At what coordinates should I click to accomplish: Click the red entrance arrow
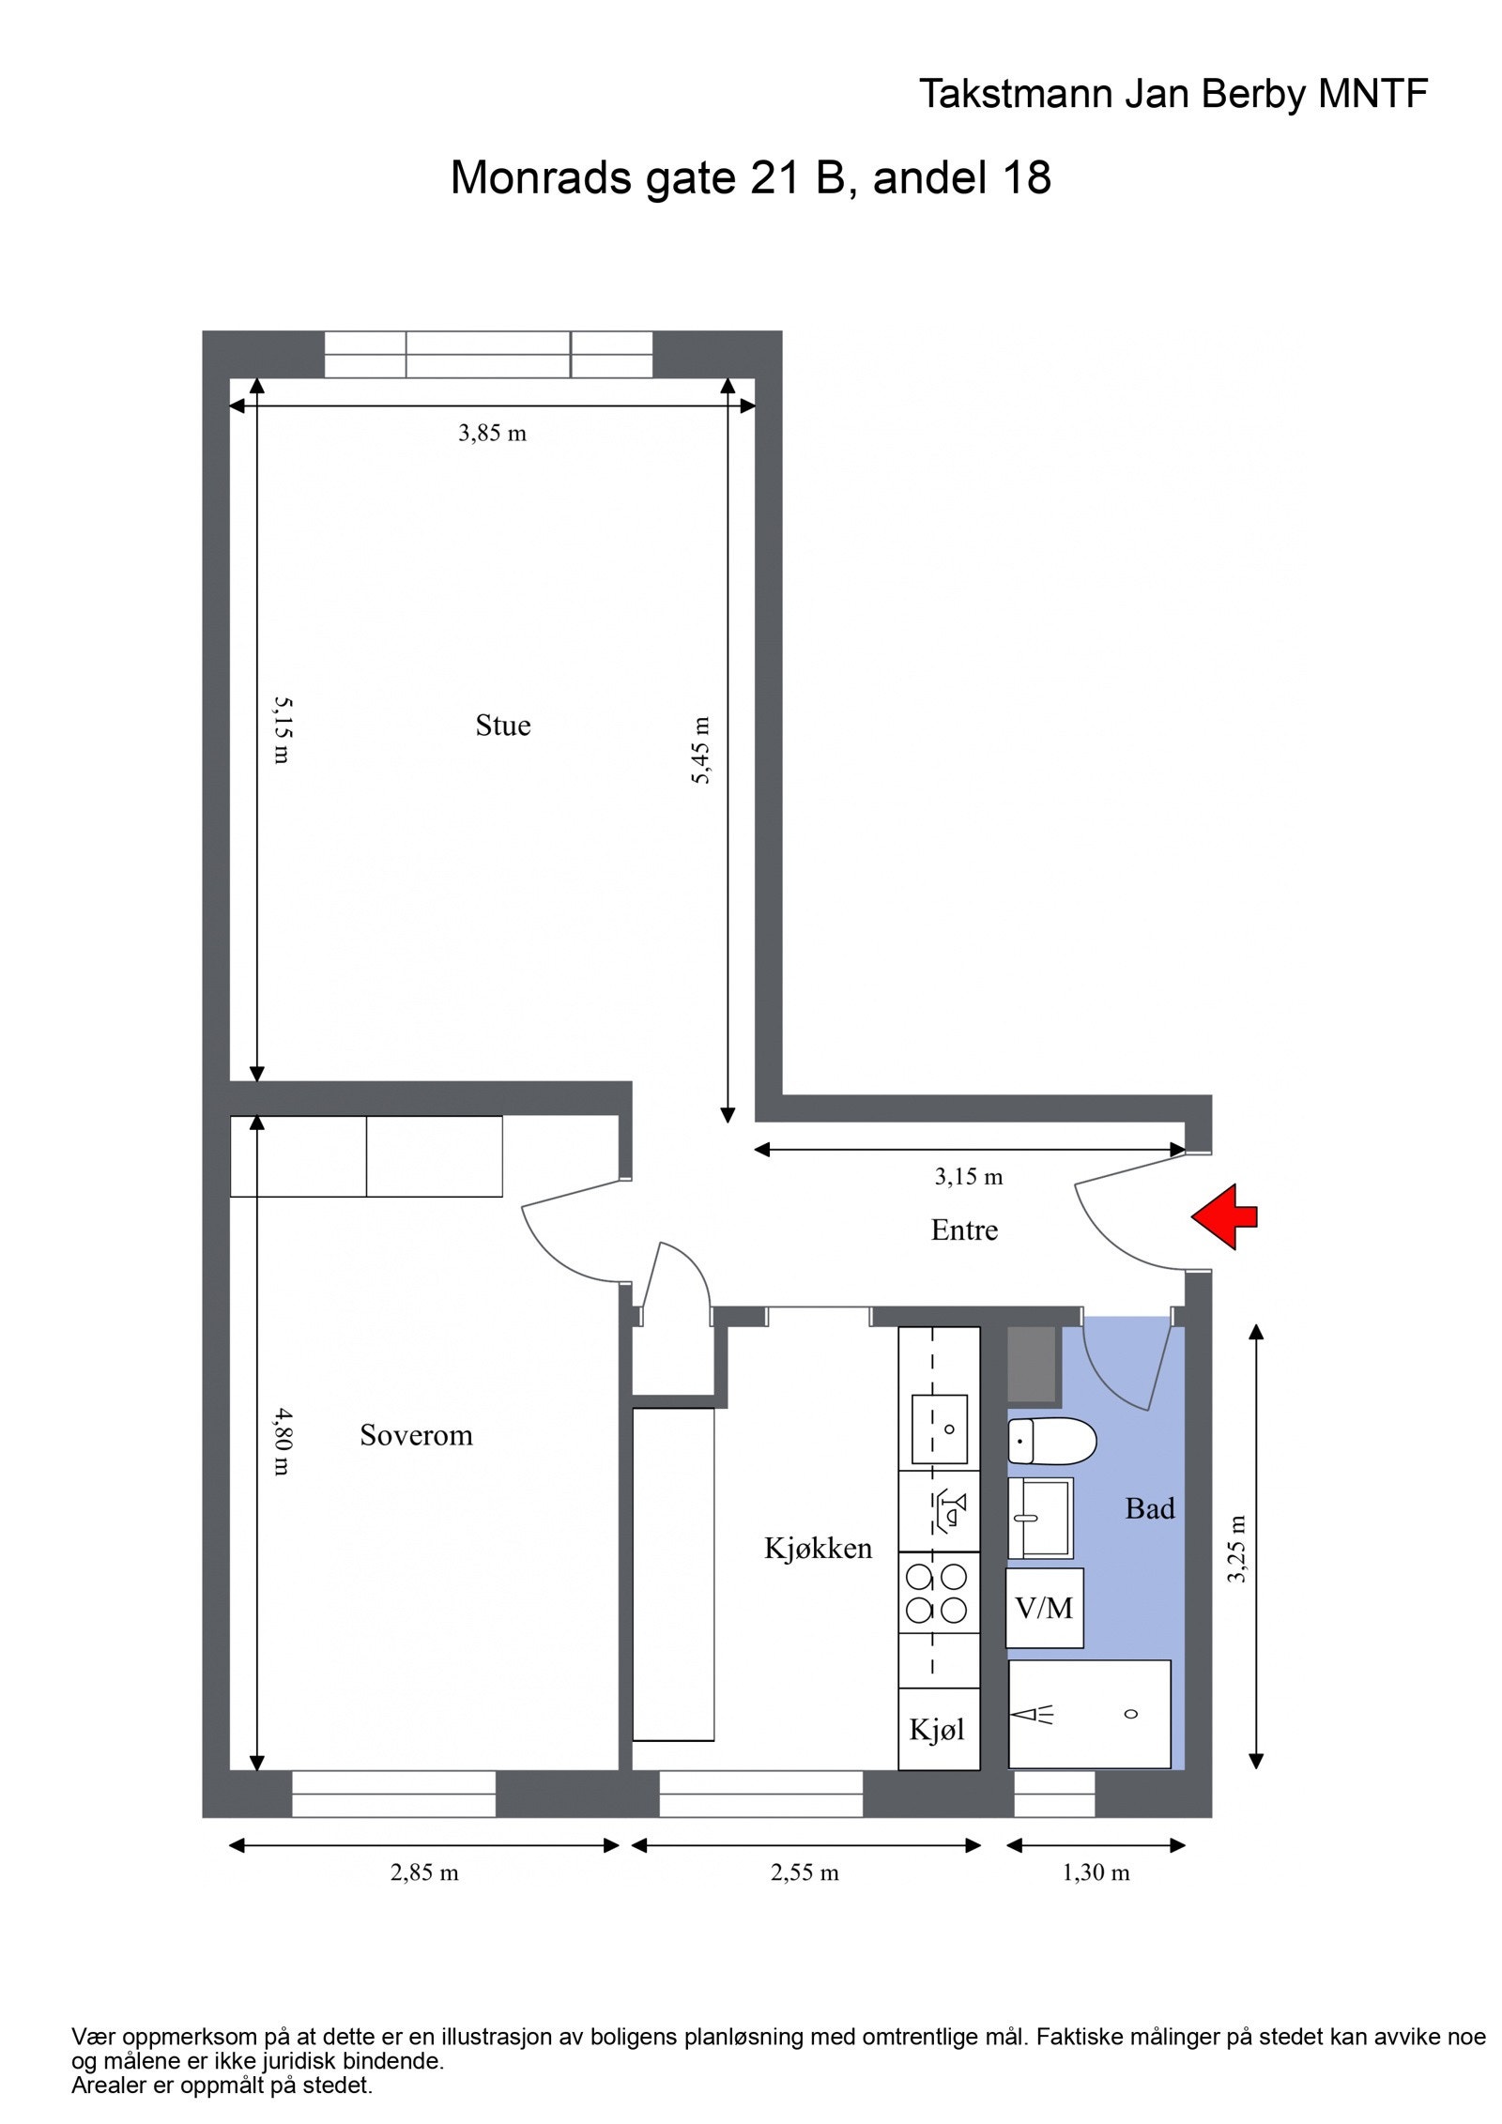(1224, 1217)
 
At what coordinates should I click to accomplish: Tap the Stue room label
(502, 726)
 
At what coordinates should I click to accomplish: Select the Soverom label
(416, 1435)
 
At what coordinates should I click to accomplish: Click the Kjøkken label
(818, 1549)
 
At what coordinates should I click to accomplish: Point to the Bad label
(1149, 1509)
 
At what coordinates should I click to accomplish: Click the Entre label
(964, 1230)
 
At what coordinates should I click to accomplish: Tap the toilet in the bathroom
(1051, 1441)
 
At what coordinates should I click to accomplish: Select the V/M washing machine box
(1044, 1609)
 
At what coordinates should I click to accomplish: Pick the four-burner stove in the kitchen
(936, 1593)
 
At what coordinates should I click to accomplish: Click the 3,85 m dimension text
(492, 434)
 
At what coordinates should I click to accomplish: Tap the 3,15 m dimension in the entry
(968, 1177)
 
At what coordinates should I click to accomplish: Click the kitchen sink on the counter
(939, 1429)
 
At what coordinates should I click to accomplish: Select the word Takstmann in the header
(1015, 95)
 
